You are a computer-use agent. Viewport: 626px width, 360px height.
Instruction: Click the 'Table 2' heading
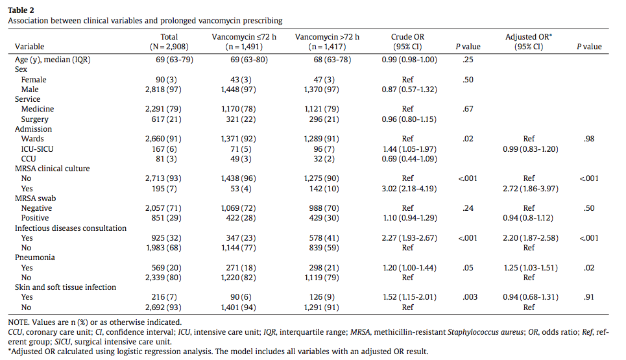click(21, 10)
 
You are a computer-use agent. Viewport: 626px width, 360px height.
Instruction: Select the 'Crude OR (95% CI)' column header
click(407, 42)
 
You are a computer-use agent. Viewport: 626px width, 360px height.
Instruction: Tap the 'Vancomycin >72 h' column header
click(327, 42)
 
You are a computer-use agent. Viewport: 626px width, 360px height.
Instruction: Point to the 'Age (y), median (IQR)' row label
click(53, 60)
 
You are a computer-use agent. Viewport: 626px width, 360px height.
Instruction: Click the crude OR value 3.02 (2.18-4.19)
click(409, 188)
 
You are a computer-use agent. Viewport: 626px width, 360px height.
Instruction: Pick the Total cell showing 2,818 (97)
click(163, 90)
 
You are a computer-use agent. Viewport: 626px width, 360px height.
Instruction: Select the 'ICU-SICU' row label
click(37, 149)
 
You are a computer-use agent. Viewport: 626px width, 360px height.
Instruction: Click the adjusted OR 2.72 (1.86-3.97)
click(530, 188)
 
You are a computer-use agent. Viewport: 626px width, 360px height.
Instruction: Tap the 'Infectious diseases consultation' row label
click(71, 228)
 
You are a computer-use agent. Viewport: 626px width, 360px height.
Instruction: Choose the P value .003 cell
click(470, 297)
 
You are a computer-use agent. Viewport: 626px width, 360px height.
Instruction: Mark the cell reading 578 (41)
click(324, 238)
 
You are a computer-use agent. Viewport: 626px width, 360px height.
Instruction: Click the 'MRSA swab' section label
click(35, 198)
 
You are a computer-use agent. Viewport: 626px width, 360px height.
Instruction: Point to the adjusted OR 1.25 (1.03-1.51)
click(531, 267)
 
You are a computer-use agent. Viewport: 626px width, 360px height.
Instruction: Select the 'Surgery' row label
click(35, 119)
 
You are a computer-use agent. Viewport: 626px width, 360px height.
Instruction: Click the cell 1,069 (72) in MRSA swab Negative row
click(238, 208)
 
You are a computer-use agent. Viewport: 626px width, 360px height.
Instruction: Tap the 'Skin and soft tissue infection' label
click(66, 287)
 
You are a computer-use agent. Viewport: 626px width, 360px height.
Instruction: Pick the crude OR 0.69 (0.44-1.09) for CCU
click(409, 159)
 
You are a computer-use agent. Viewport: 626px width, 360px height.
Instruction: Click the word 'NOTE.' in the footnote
click(19, 322)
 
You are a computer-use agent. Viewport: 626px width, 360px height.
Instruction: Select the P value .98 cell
click(589, 139)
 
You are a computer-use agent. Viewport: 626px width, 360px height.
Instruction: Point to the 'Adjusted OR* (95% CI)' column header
click(529, 42)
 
